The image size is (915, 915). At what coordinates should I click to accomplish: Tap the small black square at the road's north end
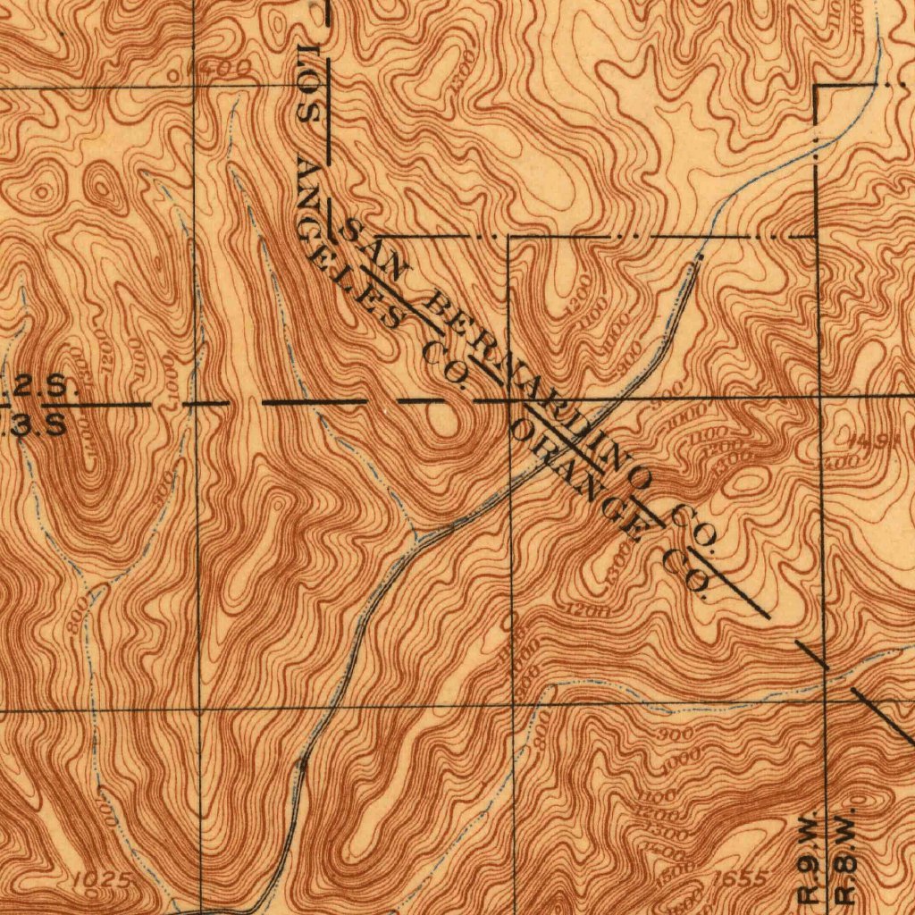tap(698, 256)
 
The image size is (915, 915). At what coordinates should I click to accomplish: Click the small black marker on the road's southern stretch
tap(302, 766)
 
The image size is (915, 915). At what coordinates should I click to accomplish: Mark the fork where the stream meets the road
tap(416, 540)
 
